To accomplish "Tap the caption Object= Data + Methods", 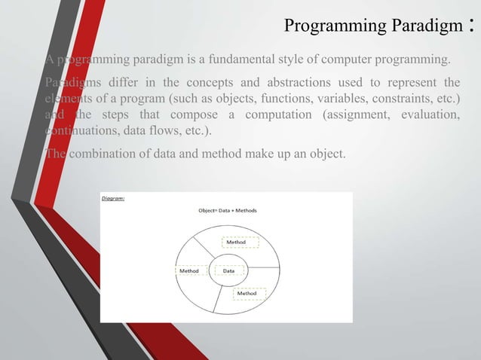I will tap(227, 210).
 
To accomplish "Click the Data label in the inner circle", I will tap(228, 270).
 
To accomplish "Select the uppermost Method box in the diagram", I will tap(240, 243).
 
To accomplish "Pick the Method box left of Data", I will tap(188, 270).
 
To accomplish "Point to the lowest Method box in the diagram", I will tap(250, 293).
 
